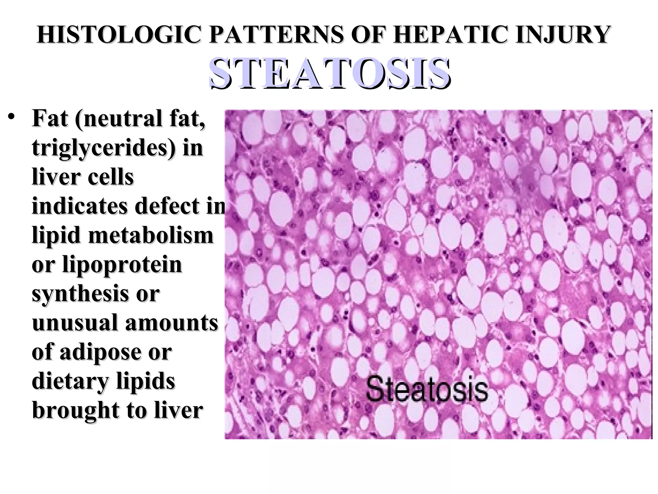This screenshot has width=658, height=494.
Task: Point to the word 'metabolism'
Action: pos(151,235)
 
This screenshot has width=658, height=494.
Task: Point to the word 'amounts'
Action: pos(172,323)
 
